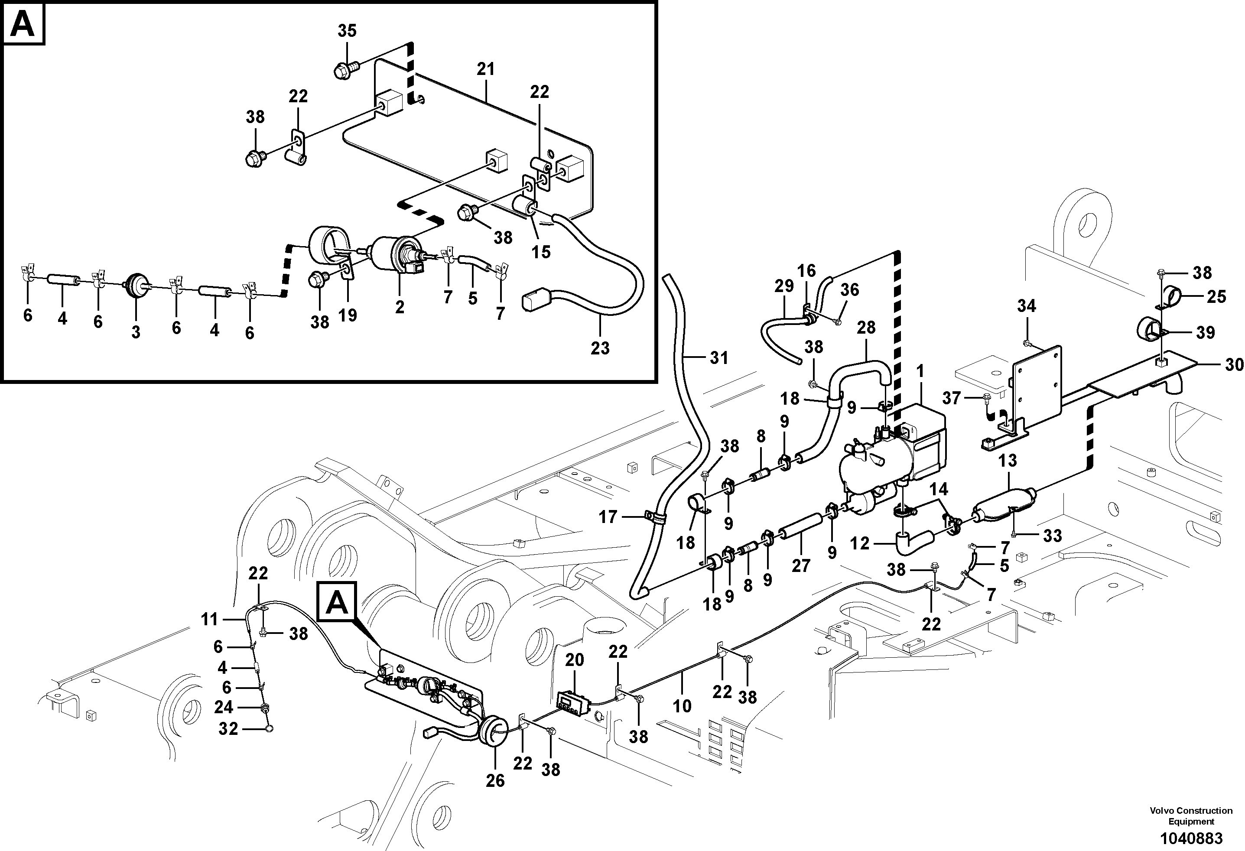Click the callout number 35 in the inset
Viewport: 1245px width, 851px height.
click(x=347, y=31)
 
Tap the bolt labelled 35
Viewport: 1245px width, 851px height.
click(x=343, y=70)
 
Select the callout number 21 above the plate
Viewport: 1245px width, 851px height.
click(x=485, y=69)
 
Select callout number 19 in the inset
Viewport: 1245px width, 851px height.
click(x=348, y=315)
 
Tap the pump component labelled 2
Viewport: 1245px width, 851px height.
click(x=394, y=254)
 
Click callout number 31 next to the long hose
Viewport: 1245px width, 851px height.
click(x=719, y=358)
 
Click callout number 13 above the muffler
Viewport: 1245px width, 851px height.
click(x=1007, y=460)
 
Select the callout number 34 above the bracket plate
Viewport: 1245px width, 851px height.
click(x=1027, y=306)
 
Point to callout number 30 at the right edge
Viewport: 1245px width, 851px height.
click(x=1234, y=365)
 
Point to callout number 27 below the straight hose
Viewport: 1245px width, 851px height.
click(x=801, y=565)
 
